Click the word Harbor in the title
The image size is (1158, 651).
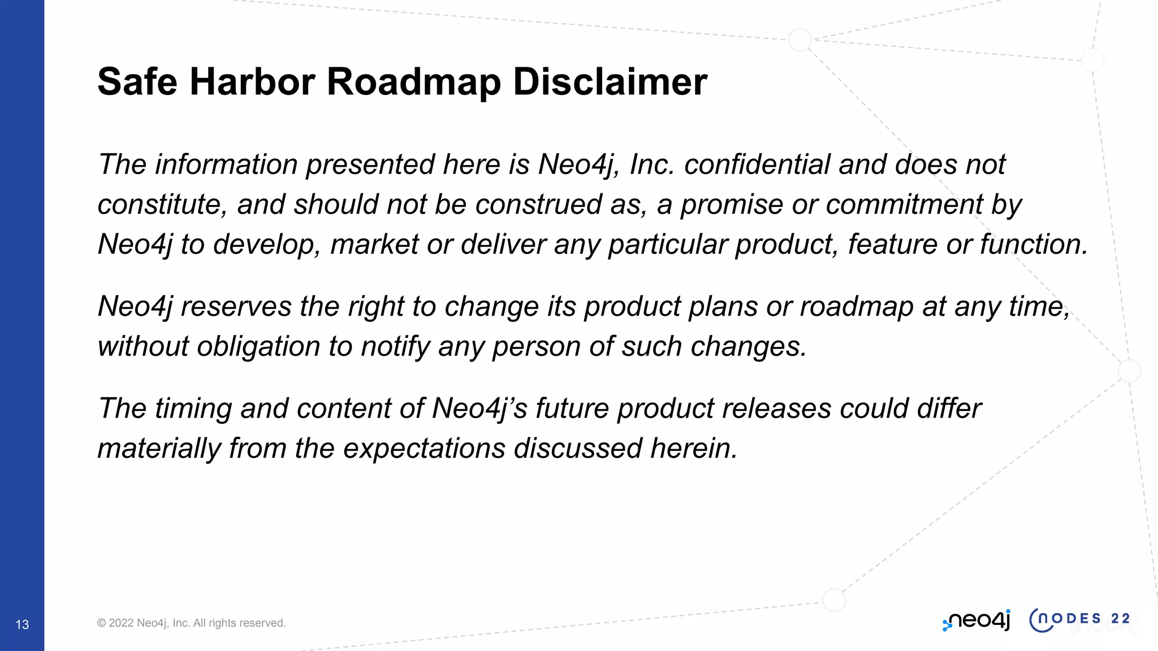252,82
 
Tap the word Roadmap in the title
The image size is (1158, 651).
413,82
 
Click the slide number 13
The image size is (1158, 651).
22,624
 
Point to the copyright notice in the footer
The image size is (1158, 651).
191,623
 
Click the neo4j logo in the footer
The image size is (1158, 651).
976,620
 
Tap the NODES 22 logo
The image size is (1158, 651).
1080,619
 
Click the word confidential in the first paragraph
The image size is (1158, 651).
757,164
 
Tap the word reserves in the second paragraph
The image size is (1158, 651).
236,307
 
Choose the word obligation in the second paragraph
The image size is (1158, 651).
258,346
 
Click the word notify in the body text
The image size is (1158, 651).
396,346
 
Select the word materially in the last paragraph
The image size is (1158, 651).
159,449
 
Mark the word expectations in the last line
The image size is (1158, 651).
424,449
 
